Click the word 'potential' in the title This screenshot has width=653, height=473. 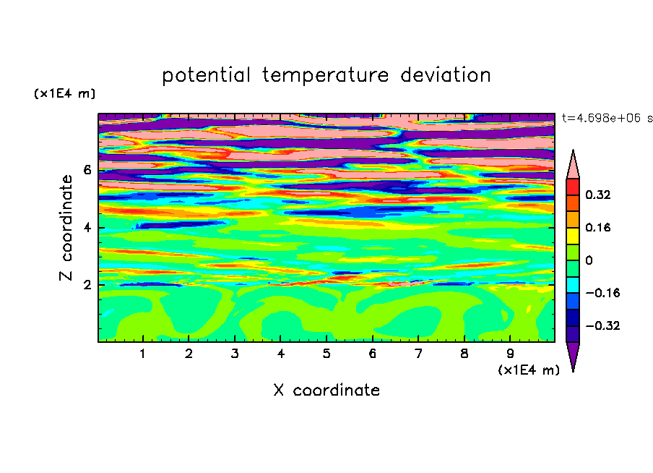(x=206, y=75)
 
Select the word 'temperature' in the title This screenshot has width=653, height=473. (x=326, y=75)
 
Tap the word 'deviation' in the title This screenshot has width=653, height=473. (x=446, y=74)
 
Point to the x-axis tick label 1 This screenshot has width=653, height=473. (x=142, y=354)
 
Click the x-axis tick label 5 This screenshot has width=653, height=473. (x=326, y=354)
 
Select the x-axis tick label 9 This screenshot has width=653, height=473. (x=510, y=354)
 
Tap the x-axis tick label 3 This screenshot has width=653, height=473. (x=235, y=354)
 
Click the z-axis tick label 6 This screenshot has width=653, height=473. (x=87, y=170)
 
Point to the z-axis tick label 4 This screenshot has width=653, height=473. (x=87, y=228)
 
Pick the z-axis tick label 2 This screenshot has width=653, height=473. (x=87, y=285)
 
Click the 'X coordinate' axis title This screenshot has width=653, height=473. (x=326, y=390)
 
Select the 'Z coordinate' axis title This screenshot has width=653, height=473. (x=66, y=228)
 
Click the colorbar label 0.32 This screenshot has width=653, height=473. (x=597, y=195)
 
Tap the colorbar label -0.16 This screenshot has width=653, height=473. (x=602, y=293)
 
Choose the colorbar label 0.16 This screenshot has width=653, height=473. (x=597, y=227)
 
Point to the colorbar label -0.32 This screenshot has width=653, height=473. (x=602, y=325)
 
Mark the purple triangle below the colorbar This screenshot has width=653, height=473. (x=573, y=354)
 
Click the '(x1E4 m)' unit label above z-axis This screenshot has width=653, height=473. (x=64, y=93)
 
